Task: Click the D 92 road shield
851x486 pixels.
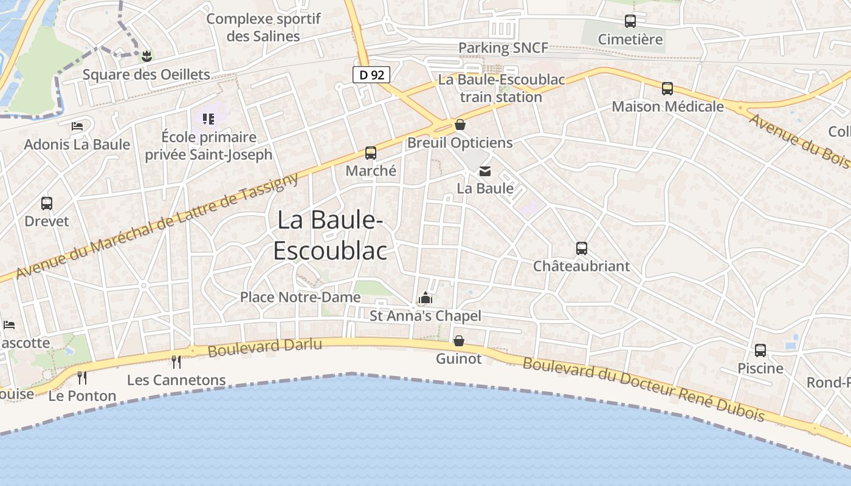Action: click(x=371, y=75)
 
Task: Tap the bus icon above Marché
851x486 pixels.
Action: click(x=371, y=153)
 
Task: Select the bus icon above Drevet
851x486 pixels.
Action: click(x=47, y=204)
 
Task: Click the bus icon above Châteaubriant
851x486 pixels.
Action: click(x=582, y=248)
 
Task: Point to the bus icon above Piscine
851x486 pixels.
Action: click(x=760, y=351)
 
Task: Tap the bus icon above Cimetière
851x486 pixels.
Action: click(x=630, y=21)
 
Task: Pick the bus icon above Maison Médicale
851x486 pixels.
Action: click(x=667, y=89)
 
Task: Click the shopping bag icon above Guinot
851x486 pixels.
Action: click(x=459, y=341)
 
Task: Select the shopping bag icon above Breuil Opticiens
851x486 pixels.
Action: click(x=460, y=125)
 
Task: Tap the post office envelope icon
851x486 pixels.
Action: click(x=485, y=171)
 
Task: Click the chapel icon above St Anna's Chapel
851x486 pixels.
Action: click(x=425, y=298)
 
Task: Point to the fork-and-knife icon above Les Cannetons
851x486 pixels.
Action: click(x=176, y=362)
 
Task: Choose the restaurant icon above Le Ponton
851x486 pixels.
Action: click(x=82, y=378)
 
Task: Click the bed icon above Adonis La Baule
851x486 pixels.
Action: click(x=77, y=126)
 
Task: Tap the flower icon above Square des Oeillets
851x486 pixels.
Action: click(x=146, y=56)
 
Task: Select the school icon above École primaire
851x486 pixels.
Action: click(x=208, y=118)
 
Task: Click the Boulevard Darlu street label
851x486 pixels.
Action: click(x=264, y=347)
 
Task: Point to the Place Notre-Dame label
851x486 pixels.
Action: click(x=300, y=297)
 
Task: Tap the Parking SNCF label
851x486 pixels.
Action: click(x=503, y=47)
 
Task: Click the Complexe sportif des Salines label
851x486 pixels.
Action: click(x=263, y=27)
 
